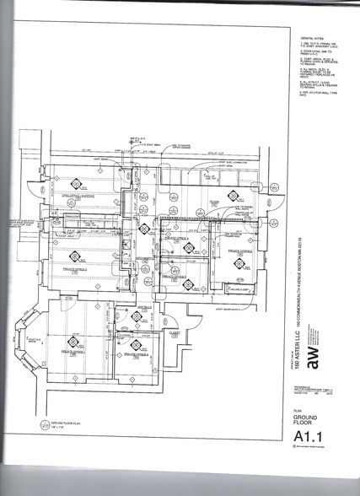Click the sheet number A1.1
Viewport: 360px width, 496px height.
coord(306,436)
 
